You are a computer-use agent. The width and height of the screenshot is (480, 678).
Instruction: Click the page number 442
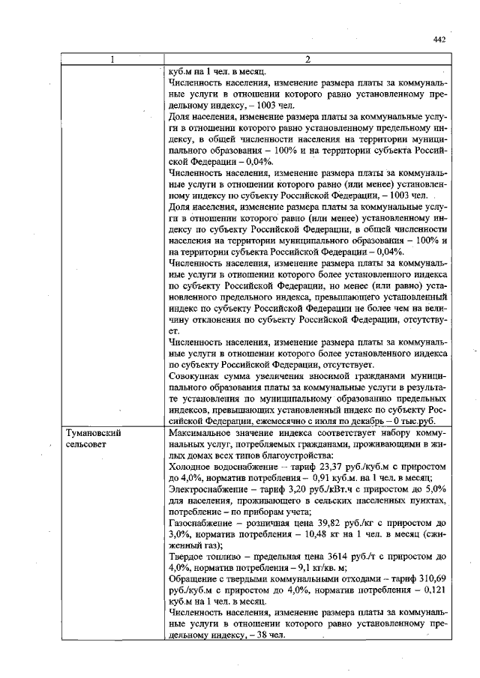tap(440, 40)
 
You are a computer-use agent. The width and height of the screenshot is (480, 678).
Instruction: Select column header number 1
tap(112, 60)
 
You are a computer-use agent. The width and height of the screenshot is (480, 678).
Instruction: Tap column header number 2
tap(308, 60)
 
